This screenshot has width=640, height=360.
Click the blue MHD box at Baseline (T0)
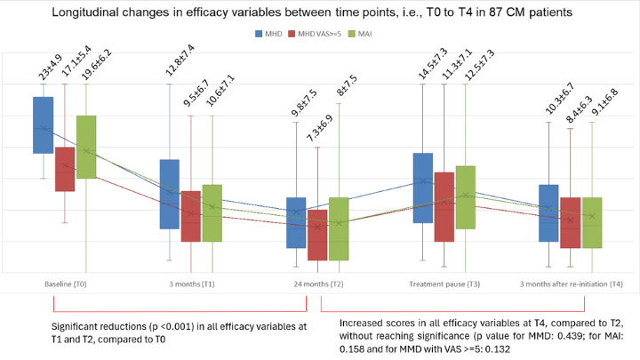43,124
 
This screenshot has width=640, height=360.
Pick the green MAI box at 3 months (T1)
212,213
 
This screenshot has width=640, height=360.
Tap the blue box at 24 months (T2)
296,222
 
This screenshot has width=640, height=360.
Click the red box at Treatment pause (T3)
443,207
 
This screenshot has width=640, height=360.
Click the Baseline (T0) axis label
64,284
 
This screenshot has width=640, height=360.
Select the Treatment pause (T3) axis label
444,284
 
